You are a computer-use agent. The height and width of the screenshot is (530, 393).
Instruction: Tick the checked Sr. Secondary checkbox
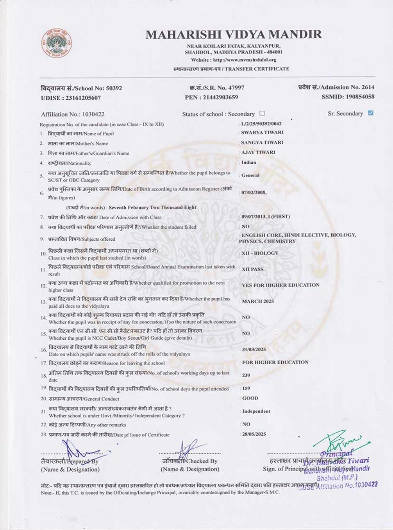(x=371, y=113)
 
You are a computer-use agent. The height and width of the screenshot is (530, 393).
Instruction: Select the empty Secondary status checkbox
(x=262, y=113)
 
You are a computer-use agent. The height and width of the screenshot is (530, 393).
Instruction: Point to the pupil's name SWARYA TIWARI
(x=262, y=133)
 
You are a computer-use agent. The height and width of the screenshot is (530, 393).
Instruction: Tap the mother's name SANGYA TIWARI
(x=262, y=143)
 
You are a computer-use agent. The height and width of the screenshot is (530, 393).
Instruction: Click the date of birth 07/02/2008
(x=254, y=192)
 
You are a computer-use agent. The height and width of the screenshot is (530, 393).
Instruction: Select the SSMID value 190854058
(x=358, y=97)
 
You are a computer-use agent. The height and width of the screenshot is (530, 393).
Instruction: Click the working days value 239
(x=246, y=375)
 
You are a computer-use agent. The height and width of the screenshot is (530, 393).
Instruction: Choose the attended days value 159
(x=246, y=388)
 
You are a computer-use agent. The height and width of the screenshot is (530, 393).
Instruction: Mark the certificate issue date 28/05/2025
(x=254, y=434)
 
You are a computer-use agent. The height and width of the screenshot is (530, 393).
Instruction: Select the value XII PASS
(x=252, y=269)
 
